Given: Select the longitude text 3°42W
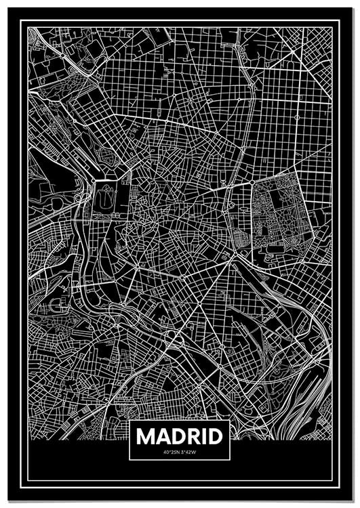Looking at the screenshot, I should pyautogui.click(x=188, y=452).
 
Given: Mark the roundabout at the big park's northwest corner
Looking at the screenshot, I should pyautogui.click(x=252, y=183).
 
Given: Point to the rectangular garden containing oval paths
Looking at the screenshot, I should pyautogui.click(x=104, y=203).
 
